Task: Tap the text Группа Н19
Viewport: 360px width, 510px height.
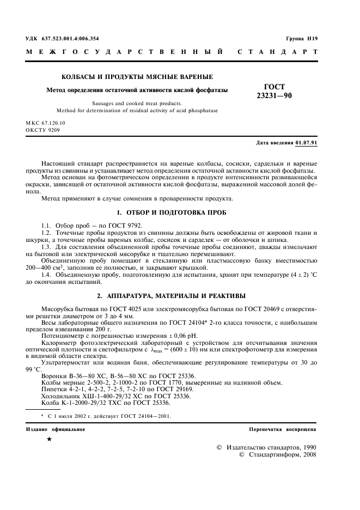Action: [x=301, y=39]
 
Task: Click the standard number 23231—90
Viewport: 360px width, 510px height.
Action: [x=274, y=95]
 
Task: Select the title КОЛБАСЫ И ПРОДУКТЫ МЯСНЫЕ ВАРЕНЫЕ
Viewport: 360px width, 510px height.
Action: [x=137, y=77]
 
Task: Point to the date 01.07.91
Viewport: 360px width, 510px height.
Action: [x=306, y=143]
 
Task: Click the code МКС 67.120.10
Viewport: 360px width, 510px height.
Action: [x=45, y=124]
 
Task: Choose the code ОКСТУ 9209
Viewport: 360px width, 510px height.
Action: [x=42, y=131]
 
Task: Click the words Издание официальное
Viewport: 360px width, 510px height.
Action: [x=55, y=429]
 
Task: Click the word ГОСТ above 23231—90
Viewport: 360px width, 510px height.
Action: [x=274, y=86]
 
